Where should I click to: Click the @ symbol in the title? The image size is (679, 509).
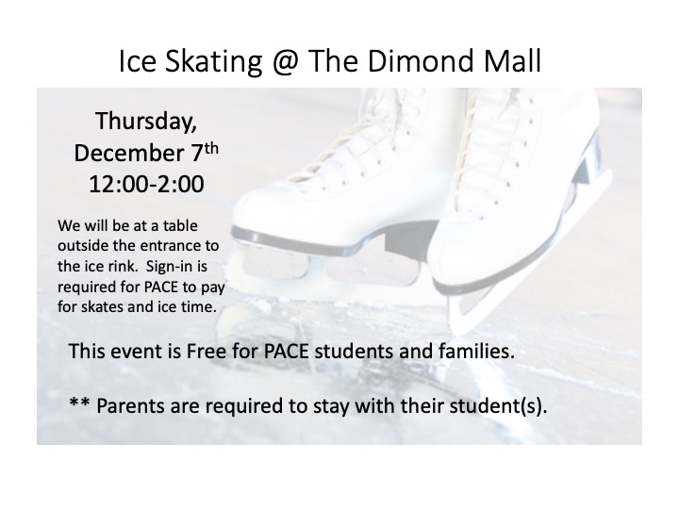coord(286,61)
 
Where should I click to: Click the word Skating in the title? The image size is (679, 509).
coord(213,62)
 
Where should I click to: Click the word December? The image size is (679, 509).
coord(129,153)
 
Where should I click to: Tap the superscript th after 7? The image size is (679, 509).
coord(211,149)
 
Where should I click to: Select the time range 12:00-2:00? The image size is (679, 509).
coord(146,184)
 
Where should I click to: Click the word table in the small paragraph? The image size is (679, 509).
coord(180,225)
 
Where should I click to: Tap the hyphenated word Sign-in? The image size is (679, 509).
coord(176,267)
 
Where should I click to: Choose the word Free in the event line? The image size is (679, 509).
coord(207,351)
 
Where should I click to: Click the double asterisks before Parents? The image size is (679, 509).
coord(79,402)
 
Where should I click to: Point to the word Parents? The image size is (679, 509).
coord(130,406)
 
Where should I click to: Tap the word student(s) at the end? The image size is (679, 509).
coord(499,406)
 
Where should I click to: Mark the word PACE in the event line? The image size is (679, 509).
coord(287,351)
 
